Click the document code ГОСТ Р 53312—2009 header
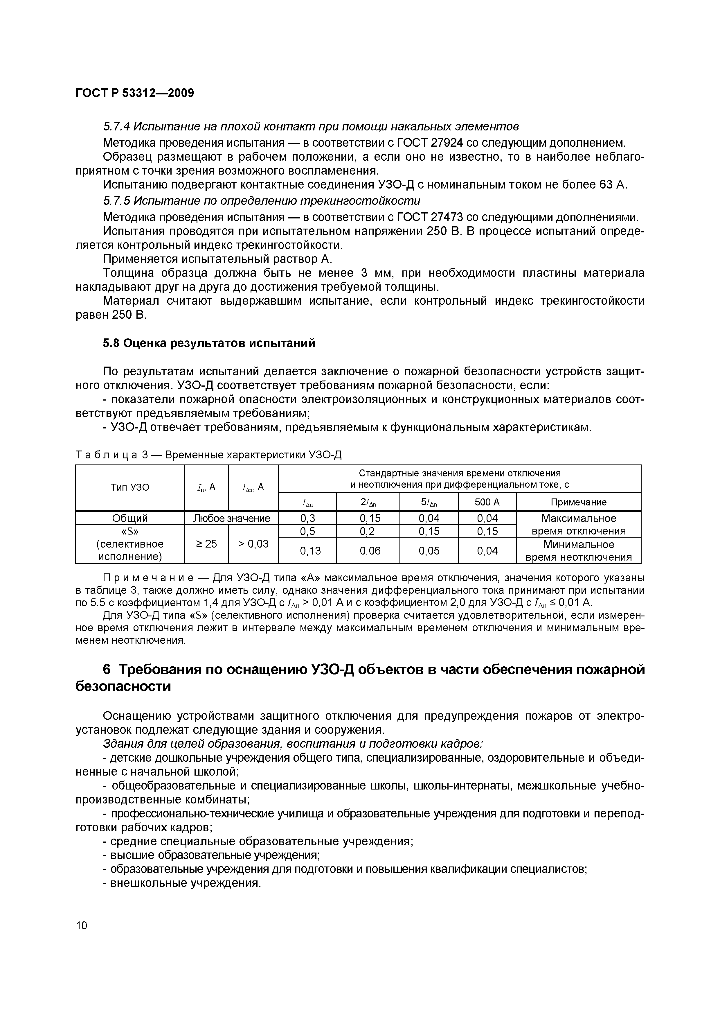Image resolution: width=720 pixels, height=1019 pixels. click(134, 93)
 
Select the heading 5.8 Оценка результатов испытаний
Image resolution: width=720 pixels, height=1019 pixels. click(209, 343)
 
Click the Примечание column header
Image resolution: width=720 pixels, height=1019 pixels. click(579, 502)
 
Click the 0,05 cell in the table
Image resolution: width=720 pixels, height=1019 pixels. click(429, 551)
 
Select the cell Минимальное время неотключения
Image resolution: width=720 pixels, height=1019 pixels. click(579, 551)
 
